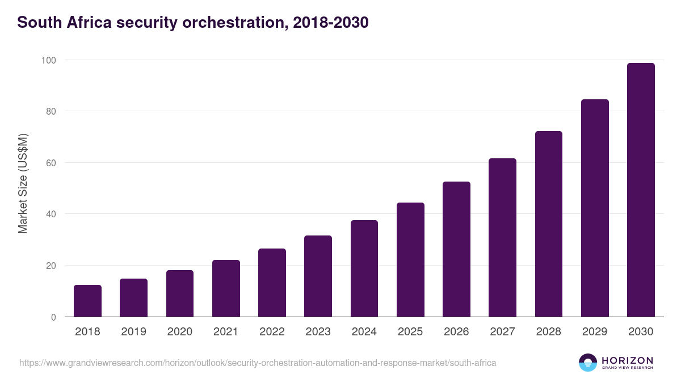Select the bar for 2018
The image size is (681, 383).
coord(87,301)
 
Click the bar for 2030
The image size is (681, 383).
coord(641,190)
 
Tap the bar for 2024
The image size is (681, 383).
coord(364,269)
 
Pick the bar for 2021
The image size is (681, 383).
coord(226,289)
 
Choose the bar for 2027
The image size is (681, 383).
coord(502,238)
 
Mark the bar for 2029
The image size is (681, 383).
coord(595,208)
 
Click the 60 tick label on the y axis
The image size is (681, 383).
coord(51,163)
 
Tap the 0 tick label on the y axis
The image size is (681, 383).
coord(53,317)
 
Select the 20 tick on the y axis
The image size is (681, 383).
coord(51,266)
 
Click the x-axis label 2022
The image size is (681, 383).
coord(272,332)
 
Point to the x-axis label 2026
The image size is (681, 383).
coord(456,332)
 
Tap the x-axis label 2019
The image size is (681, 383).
coord(133,332)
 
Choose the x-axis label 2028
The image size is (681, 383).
coord(549,332)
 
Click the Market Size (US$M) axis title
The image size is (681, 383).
coord(23,183)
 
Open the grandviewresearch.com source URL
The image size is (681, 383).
coord(258,363)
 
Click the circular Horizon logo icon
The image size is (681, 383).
coord(587,363)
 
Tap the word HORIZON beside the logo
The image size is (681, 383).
coord(627,360)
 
